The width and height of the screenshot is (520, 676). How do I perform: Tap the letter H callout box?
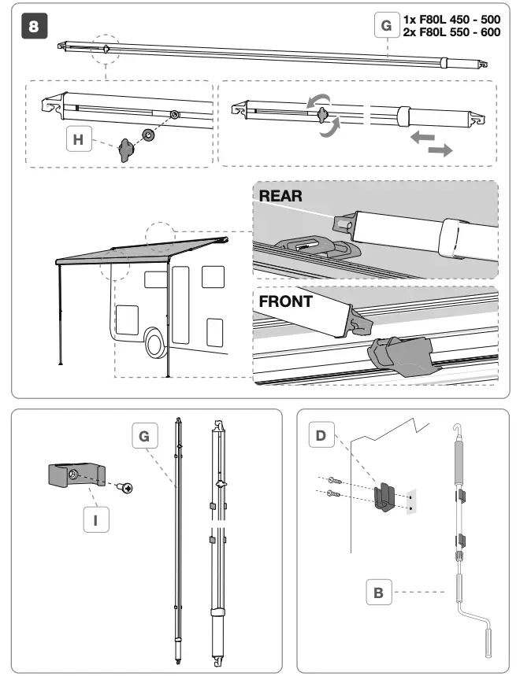pyautogui.click(x=76, y=139)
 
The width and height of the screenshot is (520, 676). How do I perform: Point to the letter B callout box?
pyautogui.click(x=378, y=593)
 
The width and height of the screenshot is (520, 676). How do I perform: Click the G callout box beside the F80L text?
pyautogui.click(x=384, y=26)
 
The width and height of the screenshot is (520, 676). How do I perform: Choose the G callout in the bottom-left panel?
pyautogui.click(x=143, y=435)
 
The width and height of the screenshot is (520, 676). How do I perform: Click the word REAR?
pyautogui.click(x=280, y=196)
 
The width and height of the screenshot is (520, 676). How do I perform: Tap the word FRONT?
pyautogui.click(x=286, y=300)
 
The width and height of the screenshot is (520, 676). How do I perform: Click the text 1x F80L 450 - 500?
pyautogui.click(x=451, y=20)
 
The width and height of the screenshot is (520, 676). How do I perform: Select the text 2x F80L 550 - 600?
pyautogui.click(x=451, y=32)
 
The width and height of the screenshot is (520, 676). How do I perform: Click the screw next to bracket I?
pyautogui.click(x=124, y=489)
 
